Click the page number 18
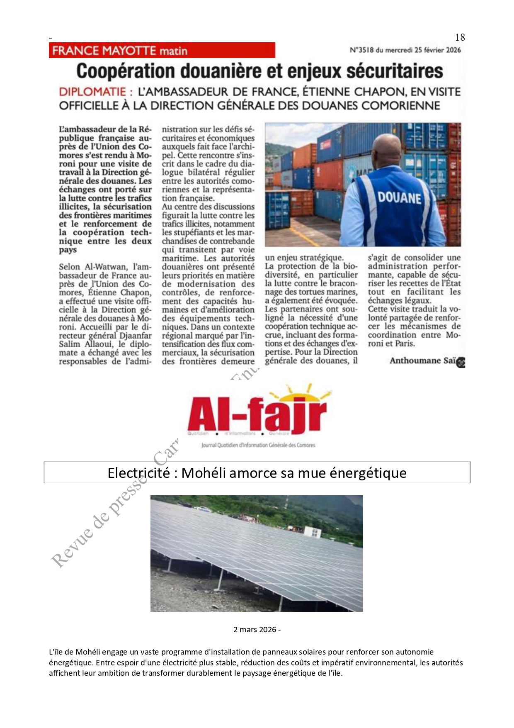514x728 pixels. pos(460,37)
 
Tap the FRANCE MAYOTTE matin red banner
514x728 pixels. pos(162,51)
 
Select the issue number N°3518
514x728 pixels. pos(361,50)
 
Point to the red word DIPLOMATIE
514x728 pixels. pos(92,92)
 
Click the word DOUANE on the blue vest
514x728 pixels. pos(399,197)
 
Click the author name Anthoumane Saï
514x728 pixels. pos(422,360)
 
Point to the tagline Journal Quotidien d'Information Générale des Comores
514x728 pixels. pos(258,445)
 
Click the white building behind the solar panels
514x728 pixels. pos(313,531)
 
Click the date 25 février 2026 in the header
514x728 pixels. pos(437,50)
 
